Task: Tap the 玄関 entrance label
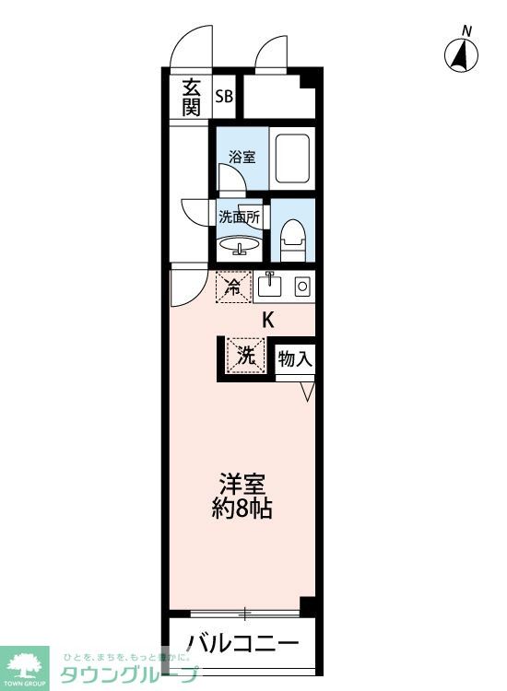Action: point(191,97)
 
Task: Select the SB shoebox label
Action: point(224,96)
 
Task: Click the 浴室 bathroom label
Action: point(242,157)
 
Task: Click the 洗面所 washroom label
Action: point(239,217)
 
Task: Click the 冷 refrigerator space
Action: point(234,287)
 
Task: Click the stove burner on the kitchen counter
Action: point(301,287)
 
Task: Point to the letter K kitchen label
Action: point(268,321)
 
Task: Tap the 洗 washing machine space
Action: point(244,356)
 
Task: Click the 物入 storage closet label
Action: point(295,357)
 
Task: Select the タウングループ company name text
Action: point(129,675)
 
